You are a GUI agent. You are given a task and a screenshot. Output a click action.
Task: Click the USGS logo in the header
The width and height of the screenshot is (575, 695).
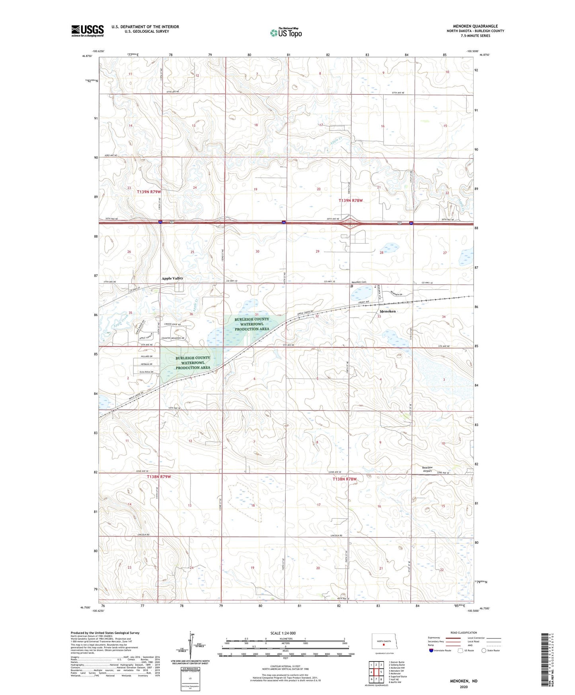point(88,31)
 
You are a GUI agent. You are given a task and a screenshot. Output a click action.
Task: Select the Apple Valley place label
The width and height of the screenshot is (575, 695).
point(172,278)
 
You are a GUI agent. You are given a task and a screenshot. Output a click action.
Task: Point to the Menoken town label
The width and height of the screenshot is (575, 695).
point(388,311)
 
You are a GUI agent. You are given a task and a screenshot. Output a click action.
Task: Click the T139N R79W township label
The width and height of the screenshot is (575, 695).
point(149,192)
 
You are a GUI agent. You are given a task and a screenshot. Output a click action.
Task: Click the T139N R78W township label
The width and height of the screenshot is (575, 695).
point(351,201)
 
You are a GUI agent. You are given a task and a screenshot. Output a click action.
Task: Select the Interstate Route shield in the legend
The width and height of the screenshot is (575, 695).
point(432,650)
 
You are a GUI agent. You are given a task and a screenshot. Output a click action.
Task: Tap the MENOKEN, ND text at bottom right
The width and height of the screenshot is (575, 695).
point(464,681)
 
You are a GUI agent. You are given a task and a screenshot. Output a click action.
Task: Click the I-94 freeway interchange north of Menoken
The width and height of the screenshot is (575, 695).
point(350,223)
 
